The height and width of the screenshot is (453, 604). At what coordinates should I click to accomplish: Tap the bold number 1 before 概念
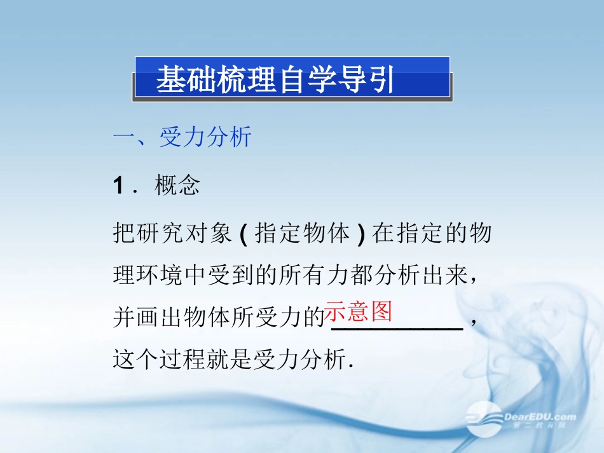pyautogui.click(x=118, y=186)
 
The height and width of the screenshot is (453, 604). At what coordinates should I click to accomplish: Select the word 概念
pyautogui.click(x=177, y=186)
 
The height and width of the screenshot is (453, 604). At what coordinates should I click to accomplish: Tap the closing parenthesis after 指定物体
pyautogui.click(x=362, y=234)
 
